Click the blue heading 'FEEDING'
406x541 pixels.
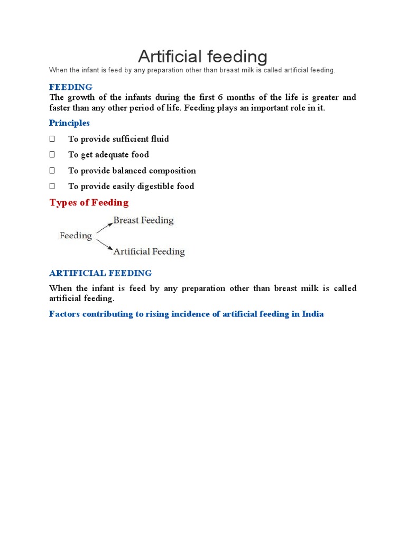(x=71, y=87)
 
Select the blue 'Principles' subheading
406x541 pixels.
(x=69, y=123)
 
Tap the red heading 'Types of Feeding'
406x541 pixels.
(x=89, y=202)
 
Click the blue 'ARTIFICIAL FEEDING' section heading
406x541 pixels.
(x=100, y=273)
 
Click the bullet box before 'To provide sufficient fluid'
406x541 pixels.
(x=52, y=139)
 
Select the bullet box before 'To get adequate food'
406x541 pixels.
(x=52, y=155)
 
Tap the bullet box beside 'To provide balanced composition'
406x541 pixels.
(x=52, y=171)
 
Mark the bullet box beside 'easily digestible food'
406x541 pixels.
(x=52, y=186)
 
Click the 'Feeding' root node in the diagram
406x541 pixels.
(x=76, y=236)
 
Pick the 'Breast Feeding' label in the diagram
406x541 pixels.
(x=143, y=220)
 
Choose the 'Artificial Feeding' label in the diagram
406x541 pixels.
(x=149, y=251)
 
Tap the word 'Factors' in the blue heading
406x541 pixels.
(x=64, y=314)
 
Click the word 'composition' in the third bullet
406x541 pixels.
(x=172, y=171)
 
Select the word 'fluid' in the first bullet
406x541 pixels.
(x=160, y=139)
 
